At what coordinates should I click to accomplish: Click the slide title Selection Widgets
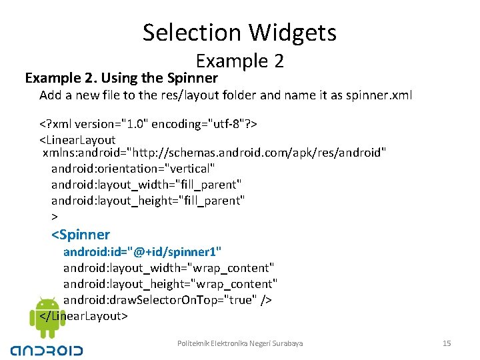239,32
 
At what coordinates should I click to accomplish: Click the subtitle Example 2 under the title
240,61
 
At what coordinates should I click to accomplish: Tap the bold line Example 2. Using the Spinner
121,78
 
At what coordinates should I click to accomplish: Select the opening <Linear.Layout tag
77,140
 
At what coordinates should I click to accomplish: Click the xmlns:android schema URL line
214,154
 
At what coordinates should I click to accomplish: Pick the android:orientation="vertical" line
133,169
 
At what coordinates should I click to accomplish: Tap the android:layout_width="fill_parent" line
146,184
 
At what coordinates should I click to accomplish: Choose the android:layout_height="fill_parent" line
148,200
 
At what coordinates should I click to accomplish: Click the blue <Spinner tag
81,235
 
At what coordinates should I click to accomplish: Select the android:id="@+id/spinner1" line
142,252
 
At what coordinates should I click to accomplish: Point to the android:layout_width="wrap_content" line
169,268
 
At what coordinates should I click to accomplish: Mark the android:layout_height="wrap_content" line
170,284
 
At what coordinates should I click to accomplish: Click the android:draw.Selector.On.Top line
167,300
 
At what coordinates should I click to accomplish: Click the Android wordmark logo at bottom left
47,349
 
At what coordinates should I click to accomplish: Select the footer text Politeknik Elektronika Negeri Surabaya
240,343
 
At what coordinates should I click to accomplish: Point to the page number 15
447,343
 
